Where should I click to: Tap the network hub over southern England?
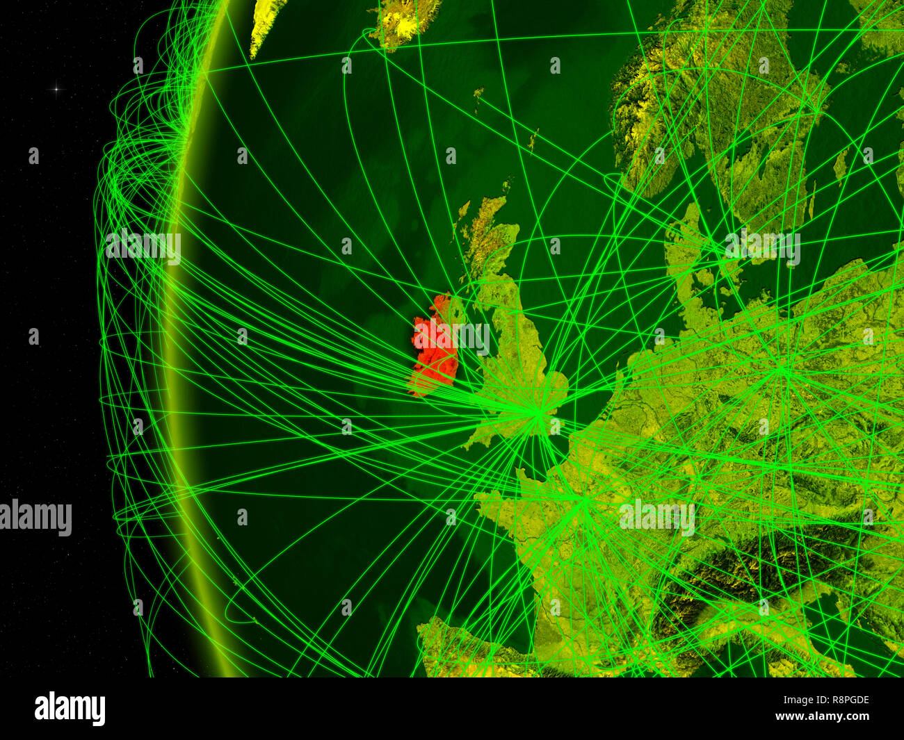point(538,414)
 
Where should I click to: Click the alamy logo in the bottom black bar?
point(70,709)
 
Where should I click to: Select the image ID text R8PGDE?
point(844,700)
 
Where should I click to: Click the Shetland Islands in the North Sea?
point(532,139)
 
